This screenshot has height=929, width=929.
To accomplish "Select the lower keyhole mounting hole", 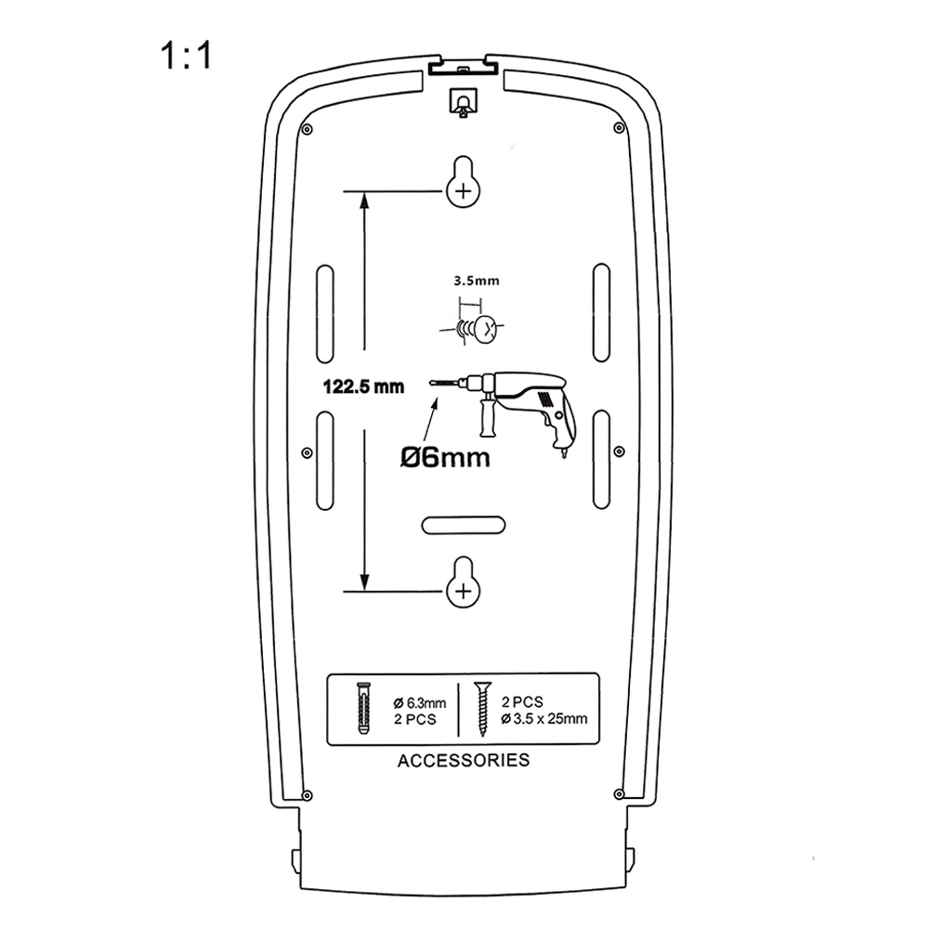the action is tap(464, 583).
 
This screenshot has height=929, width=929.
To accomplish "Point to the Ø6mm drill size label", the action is tap(445, 457).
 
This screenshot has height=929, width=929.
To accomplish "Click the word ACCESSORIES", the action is tap(464, 761).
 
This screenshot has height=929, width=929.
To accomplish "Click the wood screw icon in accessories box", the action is tap(482, 708).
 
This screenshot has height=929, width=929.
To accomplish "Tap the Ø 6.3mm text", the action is tap(420, 702).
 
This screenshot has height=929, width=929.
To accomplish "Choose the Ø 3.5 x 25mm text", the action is tap(544, 718).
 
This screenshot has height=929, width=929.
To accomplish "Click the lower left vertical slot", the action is tap(324, 459).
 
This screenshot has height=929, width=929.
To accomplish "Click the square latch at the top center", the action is tap(463, 100).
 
